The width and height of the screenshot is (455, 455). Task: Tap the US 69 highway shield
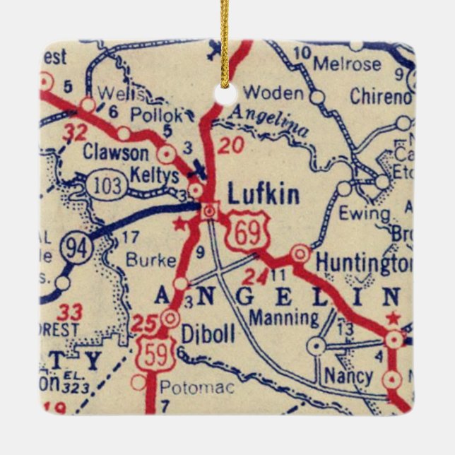coord(244,236)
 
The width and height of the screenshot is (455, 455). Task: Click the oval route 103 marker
coord(107,186)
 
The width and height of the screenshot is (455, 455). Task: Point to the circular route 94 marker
coord(75,248)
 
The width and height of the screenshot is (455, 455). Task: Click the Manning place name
coord(284,317)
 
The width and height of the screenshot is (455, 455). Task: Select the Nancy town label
coord(348,375)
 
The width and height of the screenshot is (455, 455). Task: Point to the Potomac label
coord(185,386)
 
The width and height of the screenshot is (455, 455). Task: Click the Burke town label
coord(150,259)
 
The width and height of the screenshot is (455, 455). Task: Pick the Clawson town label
coord(116,152)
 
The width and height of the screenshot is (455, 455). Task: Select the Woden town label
coord(273,93)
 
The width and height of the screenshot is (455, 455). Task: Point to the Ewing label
coord(364,213)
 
